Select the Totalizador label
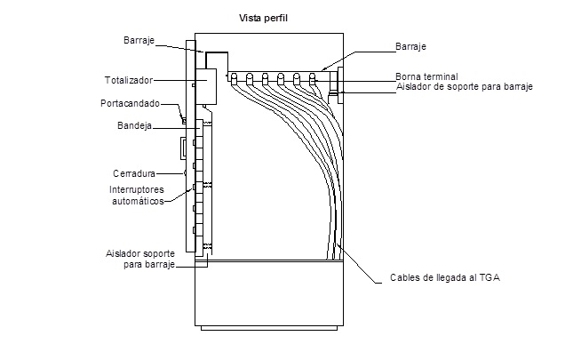128,80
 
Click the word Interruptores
136,190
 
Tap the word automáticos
136,201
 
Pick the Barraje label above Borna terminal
410,46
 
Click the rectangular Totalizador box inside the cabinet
205,87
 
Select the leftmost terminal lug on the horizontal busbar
234,78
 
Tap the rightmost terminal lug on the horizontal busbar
313,78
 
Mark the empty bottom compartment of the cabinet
268,294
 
